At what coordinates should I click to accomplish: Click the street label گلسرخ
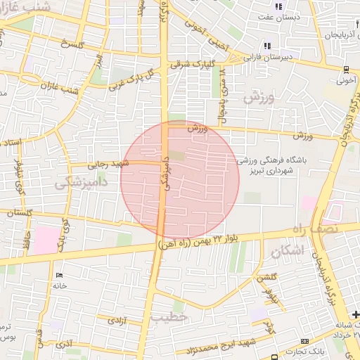pos(72,44)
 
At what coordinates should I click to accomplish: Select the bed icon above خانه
pos(59,274)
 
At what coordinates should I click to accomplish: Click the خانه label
pos(59,285)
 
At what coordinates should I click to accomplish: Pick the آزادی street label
pos(116,320)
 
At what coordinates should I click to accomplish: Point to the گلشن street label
pos(265,278)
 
